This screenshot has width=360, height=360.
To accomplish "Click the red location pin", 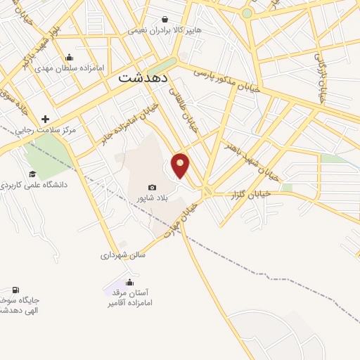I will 181,165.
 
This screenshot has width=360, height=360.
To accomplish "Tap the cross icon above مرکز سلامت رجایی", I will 46,119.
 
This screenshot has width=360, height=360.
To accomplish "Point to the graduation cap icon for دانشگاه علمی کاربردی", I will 32,174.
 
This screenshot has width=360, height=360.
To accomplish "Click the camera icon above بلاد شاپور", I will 152,187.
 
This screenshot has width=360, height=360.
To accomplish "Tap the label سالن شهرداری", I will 122,255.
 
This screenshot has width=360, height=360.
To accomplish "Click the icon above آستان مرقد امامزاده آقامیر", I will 129,283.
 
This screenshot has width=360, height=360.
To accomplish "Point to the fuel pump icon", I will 15,290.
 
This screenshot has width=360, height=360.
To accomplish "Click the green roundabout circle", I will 247,13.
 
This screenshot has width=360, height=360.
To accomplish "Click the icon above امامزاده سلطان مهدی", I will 69,58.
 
